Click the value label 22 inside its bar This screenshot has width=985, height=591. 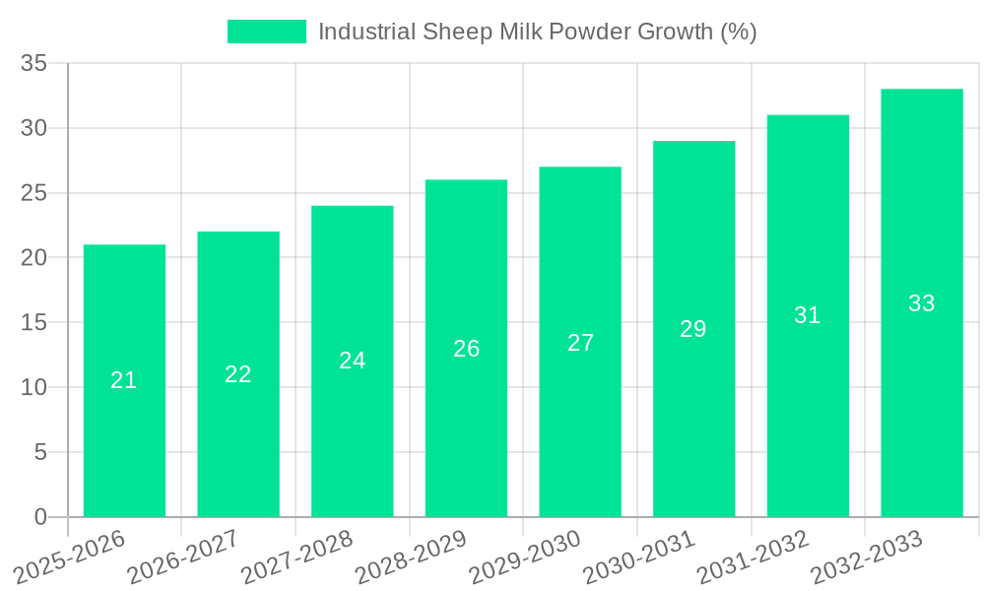point(238,374)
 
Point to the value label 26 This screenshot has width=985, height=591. point(466,349)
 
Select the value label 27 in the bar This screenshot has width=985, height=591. point(580,343)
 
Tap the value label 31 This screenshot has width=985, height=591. point(808,315)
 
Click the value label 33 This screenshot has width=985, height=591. point(921,303)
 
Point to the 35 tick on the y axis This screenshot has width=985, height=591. point(34,63)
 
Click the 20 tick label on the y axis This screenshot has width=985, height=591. point(34,258)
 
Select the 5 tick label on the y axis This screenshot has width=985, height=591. point(40,452)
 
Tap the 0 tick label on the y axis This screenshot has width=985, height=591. point(40,517)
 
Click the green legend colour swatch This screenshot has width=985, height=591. point(266,32)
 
